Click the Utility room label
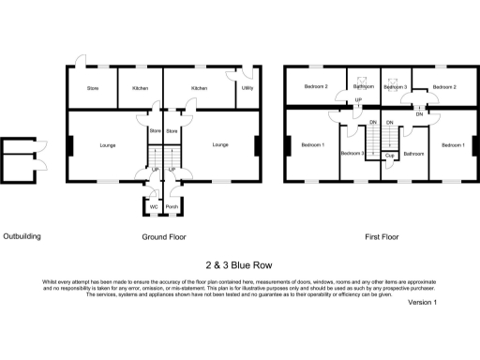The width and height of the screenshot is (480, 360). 247,87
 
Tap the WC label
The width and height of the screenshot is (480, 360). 152,207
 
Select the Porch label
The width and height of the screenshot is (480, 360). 172,207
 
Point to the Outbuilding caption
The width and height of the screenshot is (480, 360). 21,237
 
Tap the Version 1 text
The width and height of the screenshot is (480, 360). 423,302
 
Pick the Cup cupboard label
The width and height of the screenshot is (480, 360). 388,156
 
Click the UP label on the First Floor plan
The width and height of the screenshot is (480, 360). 357,101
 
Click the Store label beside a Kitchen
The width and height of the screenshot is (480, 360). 93,87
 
